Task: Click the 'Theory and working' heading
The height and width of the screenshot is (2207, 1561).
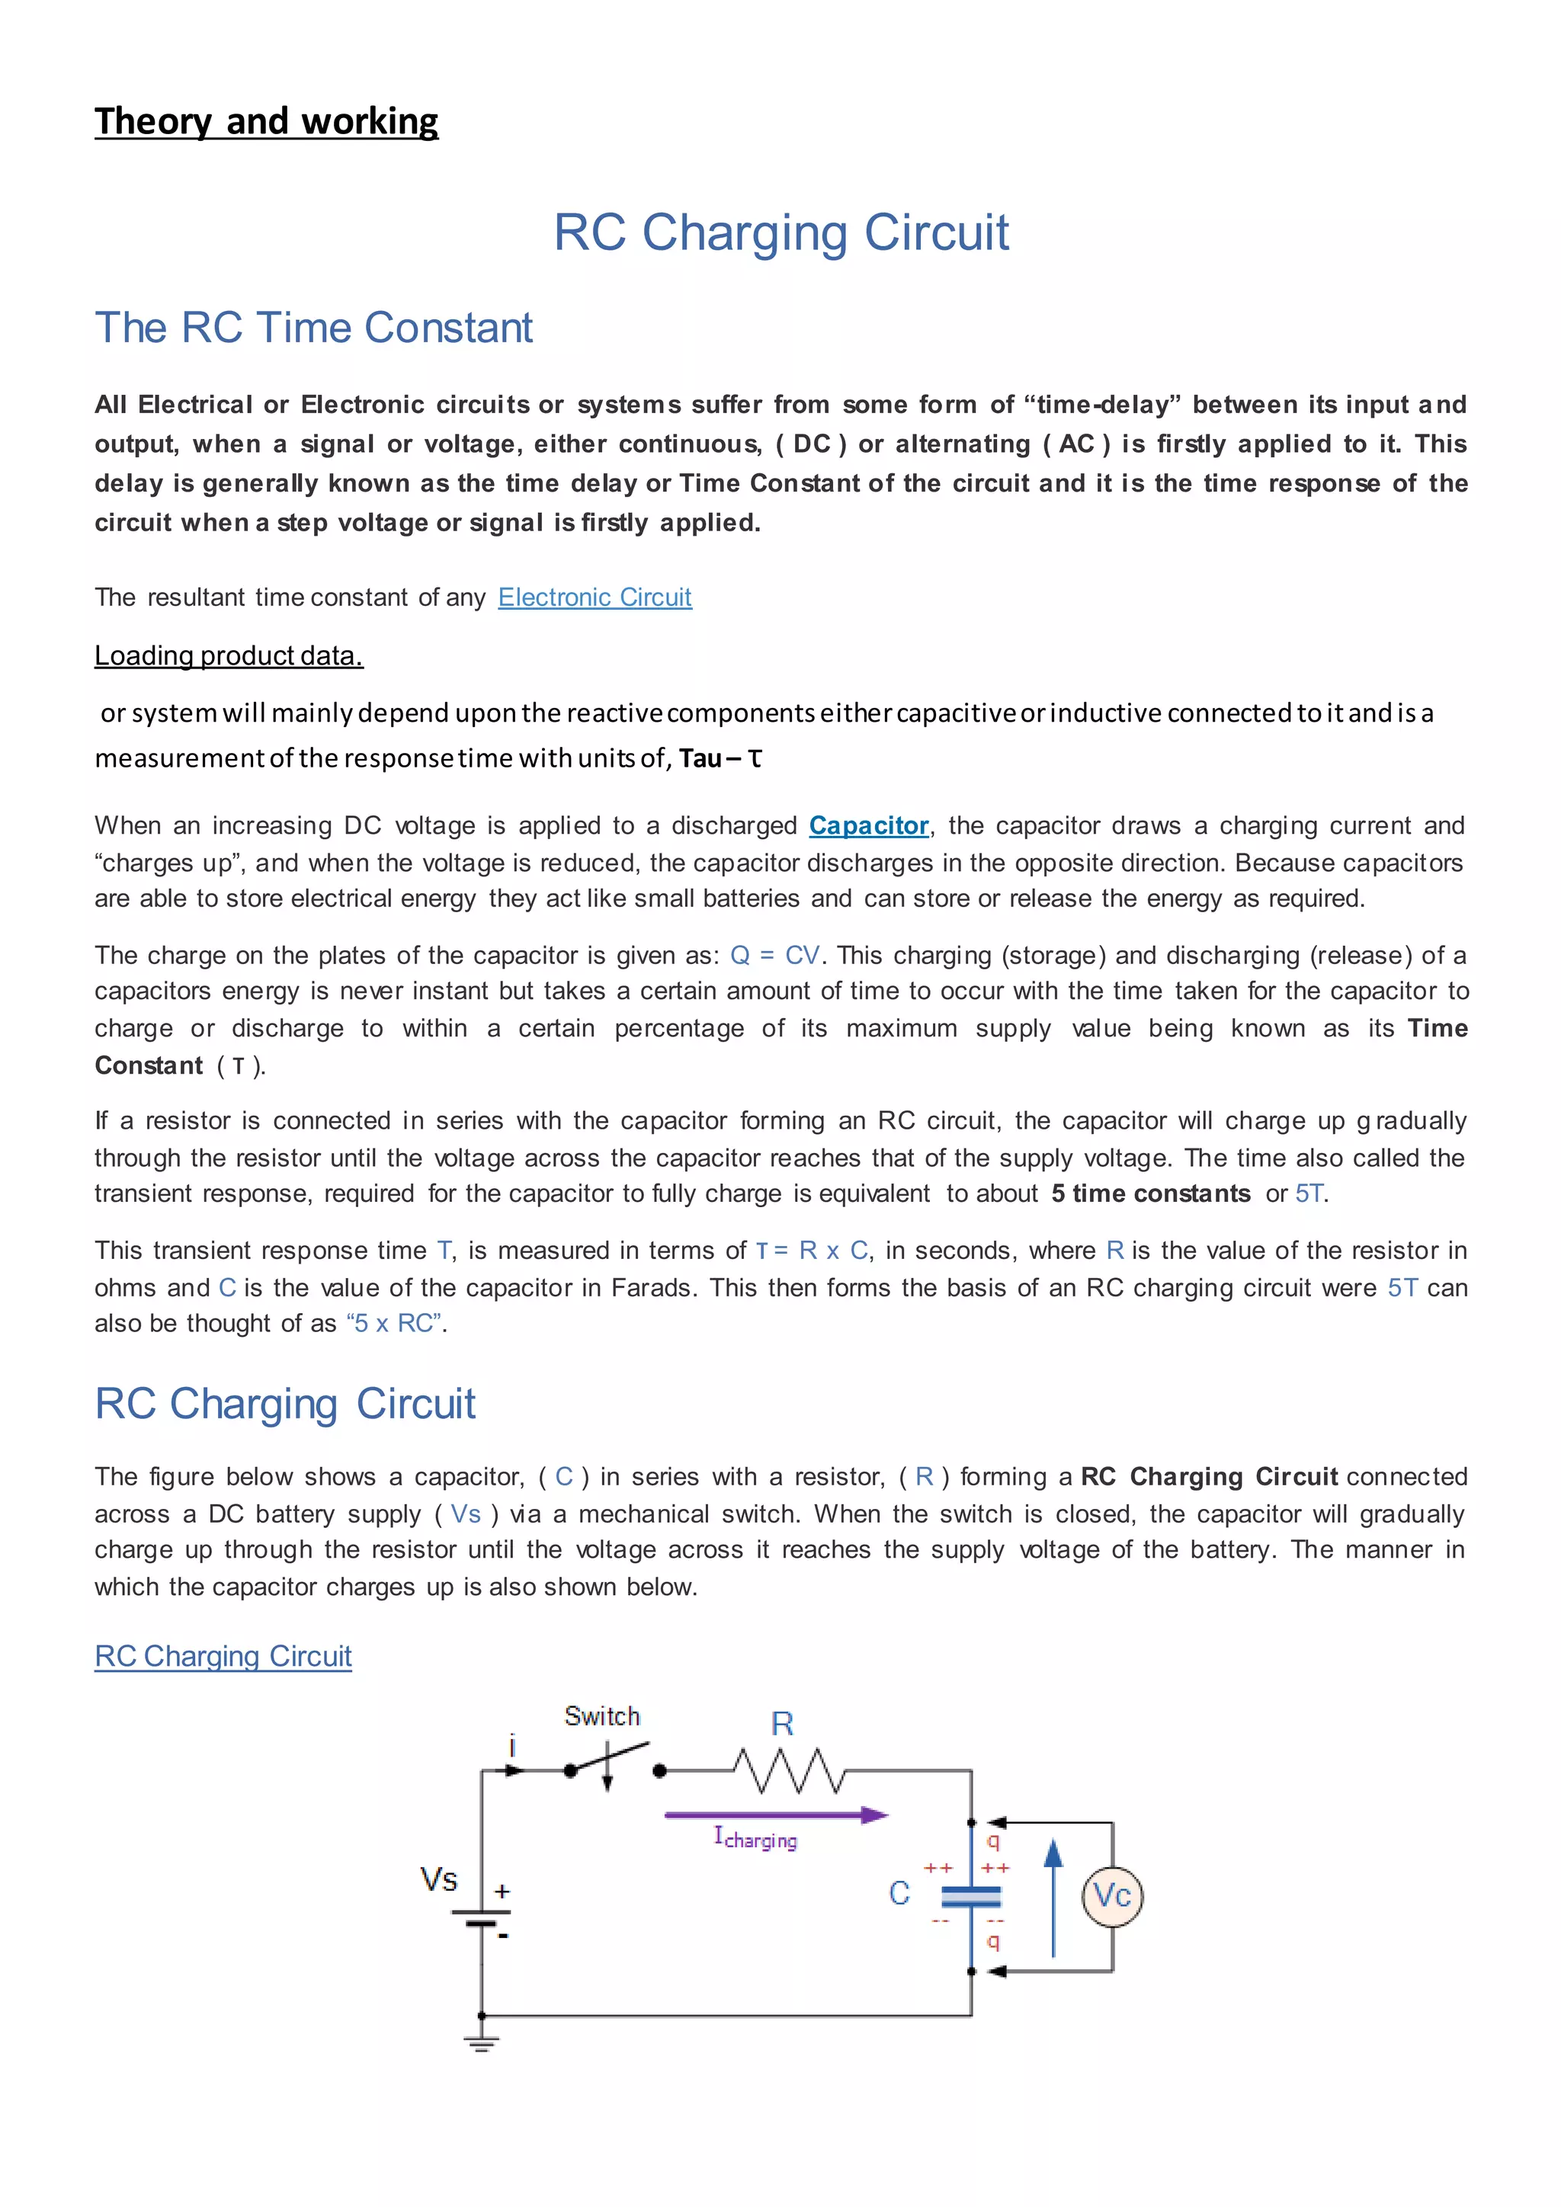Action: tap(266, 122)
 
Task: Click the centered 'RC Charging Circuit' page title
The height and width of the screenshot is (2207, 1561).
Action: tap(780, 232)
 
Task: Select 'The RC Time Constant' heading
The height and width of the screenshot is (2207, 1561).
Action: tap(313, 328)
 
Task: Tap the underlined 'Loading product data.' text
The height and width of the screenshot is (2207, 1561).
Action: tap(229, 655)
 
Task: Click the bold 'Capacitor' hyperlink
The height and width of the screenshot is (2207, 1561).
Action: tap(868, 825)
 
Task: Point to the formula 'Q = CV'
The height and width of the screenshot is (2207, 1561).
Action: tap(774, 956)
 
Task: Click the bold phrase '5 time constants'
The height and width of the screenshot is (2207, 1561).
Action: tap(1151, 1194)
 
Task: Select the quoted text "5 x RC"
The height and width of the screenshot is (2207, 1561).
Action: tap(395, 1324)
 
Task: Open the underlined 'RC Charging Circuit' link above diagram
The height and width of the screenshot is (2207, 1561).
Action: tap(223, 1656)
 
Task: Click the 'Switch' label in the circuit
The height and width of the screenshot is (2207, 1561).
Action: tap(601, 1715)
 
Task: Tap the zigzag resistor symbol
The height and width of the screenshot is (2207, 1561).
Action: tap(788, 1770)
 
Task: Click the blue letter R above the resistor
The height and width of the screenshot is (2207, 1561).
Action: tap(783, 1725)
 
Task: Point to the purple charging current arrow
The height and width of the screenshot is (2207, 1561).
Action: tap(774, 1815)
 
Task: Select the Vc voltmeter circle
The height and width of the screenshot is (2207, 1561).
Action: tap(1112, 1895)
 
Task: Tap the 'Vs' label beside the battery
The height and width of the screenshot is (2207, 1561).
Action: tap(438, 1879)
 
